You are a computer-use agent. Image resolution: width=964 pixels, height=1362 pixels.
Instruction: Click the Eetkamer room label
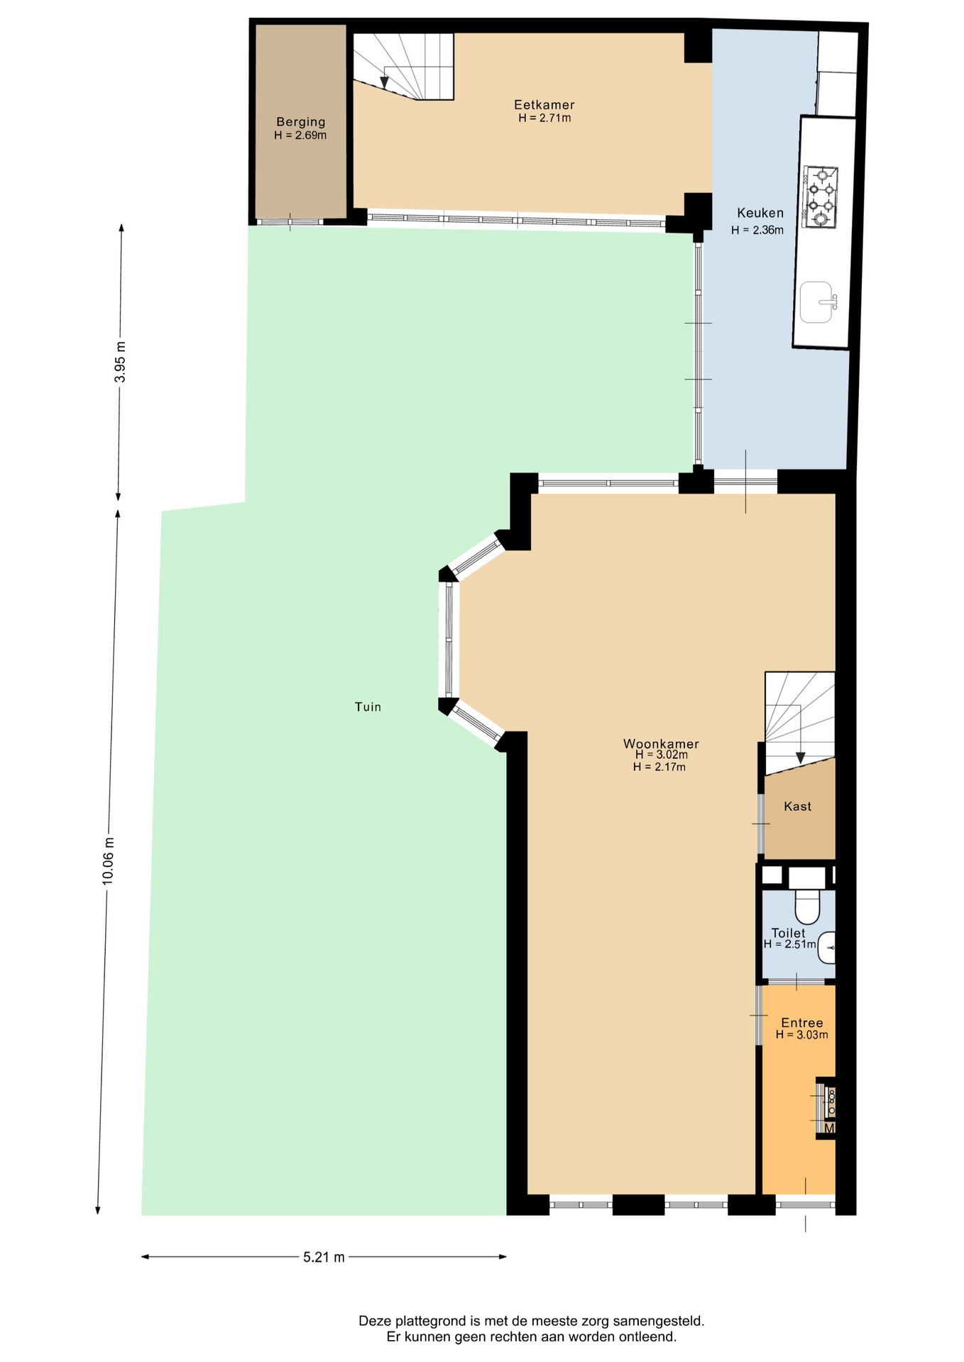click(544, 105)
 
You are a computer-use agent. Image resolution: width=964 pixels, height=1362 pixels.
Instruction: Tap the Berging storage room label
click(301, 122)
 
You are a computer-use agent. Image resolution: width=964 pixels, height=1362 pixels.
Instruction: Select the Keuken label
click(760, 213)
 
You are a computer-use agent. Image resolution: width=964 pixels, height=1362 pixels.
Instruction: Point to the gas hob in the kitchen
click(820, 197)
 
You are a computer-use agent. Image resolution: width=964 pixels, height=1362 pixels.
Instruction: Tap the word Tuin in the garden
click(368, 707)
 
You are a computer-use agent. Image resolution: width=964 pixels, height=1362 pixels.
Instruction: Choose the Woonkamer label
click(661, 743)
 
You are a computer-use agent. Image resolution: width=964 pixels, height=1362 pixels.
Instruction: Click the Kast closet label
click(797, 806)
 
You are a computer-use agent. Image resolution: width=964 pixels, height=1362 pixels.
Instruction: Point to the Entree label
click(802, 1022)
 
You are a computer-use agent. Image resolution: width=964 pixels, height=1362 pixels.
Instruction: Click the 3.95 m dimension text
click(121, 362)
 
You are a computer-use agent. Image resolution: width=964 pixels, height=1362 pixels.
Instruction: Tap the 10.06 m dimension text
click(108, 860)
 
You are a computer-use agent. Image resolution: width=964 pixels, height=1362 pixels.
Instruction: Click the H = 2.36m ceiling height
click(757, 230)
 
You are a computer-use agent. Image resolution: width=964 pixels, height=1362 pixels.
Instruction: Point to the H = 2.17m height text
click(659, 767)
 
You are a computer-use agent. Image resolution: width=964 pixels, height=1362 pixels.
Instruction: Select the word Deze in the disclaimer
click(375, 1321)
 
